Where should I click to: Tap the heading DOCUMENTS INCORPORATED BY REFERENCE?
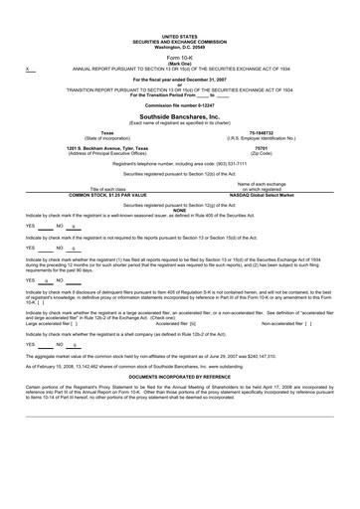179,379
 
